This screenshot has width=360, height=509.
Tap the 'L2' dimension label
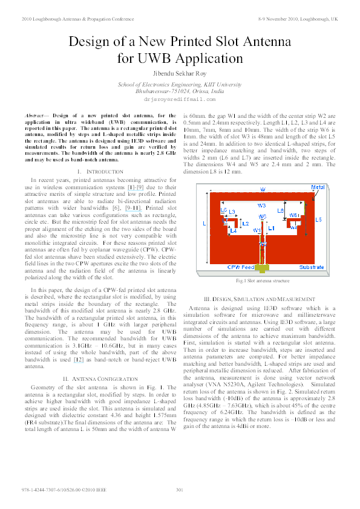pyautogui.click(x=245, y=224)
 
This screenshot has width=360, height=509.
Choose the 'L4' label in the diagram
pyautogui.click(x=233, y=230)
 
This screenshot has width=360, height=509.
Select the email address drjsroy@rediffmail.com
pyautogui.click(x=180, y=98)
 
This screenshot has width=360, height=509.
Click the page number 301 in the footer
pyautogui.click(x=179, y=489)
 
